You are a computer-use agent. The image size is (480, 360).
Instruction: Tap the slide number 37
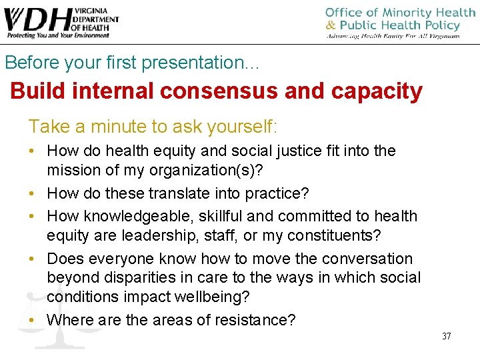coord(446,336)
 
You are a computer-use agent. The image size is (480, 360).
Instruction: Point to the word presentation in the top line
coord(200,63)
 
